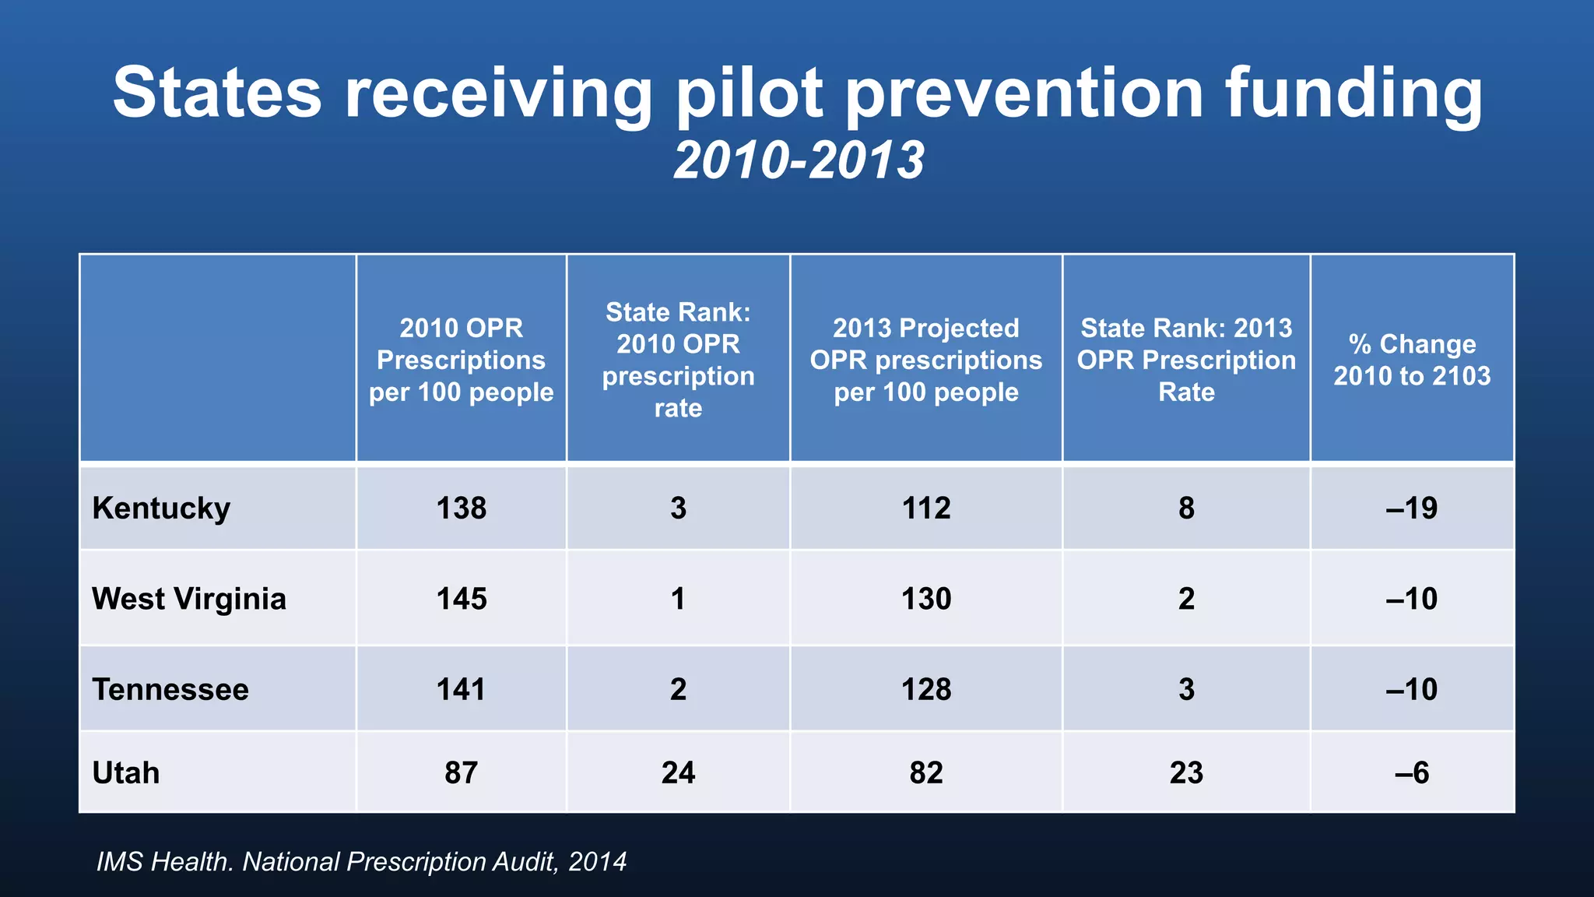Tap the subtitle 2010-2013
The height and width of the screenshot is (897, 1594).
799,161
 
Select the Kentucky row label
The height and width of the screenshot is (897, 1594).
161,508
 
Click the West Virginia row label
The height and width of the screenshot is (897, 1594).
189,599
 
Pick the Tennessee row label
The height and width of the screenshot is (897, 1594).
170,690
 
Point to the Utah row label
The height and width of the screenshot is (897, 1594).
126,773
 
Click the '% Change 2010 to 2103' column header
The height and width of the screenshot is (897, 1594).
1412,360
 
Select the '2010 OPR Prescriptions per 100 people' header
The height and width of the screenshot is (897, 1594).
461,360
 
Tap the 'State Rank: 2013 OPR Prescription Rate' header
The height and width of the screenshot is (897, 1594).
1186,360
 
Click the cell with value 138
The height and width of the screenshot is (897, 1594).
461,508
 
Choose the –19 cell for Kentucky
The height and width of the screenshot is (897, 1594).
1412,508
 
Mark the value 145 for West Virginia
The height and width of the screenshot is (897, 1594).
461,599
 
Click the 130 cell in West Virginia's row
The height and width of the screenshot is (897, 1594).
925,599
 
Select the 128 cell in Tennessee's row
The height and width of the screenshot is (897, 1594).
925,690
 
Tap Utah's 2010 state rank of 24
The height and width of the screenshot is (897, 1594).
678,773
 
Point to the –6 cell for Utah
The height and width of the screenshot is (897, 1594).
1412,773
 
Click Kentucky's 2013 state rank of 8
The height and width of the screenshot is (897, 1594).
1186,508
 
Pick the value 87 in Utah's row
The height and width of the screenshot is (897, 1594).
461,773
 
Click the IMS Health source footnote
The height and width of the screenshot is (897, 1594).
361,862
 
